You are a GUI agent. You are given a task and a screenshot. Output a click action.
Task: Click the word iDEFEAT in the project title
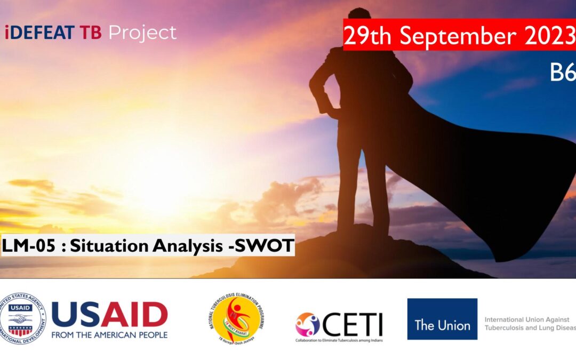point(40,33)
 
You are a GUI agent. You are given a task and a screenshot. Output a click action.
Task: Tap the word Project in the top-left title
point(142,33)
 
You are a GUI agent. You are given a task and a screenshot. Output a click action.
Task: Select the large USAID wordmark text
point(109,315)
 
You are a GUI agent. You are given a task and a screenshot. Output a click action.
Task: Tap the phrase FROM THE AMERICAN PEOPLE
point(109,335)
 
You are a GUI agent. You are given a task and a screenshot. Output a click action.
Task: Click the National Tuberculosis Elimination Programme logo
point(236,318)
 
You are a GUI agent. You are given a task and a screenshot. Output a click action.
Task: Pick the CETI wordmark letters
point(353,323)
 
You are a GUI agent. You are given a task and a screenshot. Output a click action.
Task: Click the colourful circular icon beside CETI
point(308,324)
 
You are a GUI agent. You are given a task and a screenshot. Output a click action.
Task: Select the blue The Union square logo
point(442,319)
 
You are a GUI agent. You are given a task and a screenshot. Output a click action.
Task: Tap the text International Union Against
point(527,319)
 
